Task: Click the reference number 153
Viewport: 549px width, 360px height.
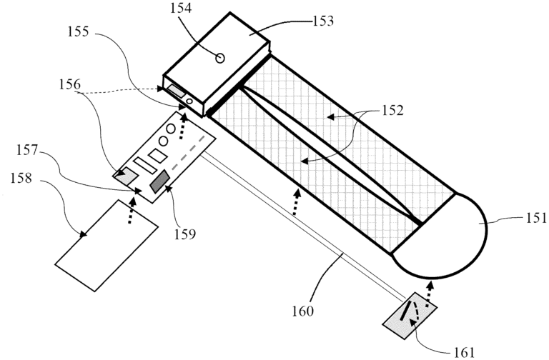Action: pyautogui.click(x=322, y=21)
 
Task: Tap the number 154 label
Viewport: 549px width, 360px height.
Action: pyautogui.click(x=181, y=9)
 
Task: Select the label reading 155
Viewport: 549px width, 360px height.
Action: pyautogui.click(x=79, y=32)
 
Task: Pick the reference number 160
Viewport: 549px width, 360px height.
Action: pyautogui.click(x=303, y=311)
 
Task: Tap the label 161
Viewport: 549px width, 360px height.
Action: pyautogui.click(x=464, y=353)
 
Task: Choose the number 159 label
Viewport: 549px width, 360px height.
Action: pyautogui.click(x=185, y=234)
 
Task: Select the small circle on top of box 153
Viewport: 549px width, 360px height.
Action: pyautogui.click(x=220, y=59)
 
